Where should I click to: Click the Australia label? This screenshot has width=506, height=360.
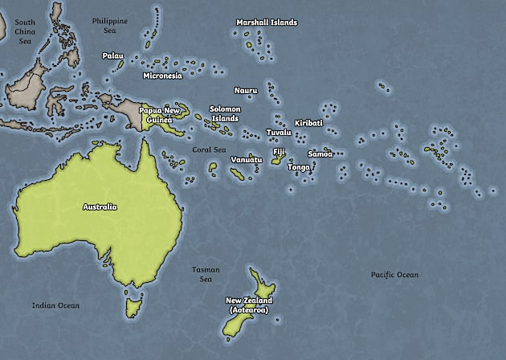(100, 207)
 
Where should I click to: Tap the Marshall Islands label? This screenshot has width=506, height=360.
(266, 22)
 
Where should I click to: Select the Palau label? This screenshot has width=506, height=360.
(112, 55)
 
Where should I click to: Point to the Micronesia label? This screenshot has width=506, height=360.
(162, 76)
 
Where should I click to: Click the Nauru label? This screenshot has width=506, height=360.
(246, 91)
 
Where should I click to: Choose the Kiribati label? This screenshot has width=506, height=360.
(308, 123)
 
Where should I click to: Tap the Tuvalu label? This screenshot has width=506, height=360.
(279, 132)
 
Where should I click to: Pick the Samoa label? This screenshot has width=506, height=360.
(320, 153)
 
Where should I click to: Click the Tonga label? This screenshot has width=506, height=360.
(299, 167)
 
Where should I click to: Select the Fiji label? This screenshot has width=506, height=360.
(279, 151)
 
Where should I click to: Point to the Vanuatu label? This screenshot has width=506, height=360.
(247, 159)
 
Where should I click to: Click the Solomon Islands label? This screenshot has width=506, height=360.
(225, 113)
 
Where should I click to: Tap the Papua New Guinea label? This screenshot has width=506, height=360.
(160, 115)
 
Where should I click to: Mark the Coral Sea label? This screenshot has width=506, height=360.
(209, 149)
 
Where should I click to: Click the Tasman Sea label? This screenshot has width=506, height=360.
(206, 274)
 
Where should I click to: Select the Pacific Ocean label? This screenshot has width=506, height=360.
(394, 275)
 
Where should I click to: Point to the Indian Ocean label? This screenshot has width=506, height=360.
(55, 305)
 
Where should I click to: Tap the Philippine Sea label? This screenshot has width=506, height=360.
(109, 25)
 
